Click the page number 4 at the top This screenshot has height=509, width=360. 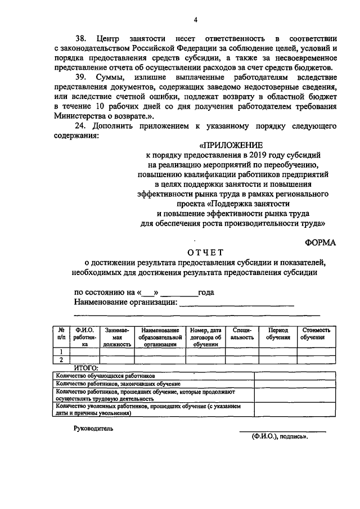point(195,20)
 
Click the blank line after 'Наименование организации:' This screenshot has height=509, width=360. point(236,304)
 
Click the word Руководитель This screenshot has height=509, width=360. point(93,429)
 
